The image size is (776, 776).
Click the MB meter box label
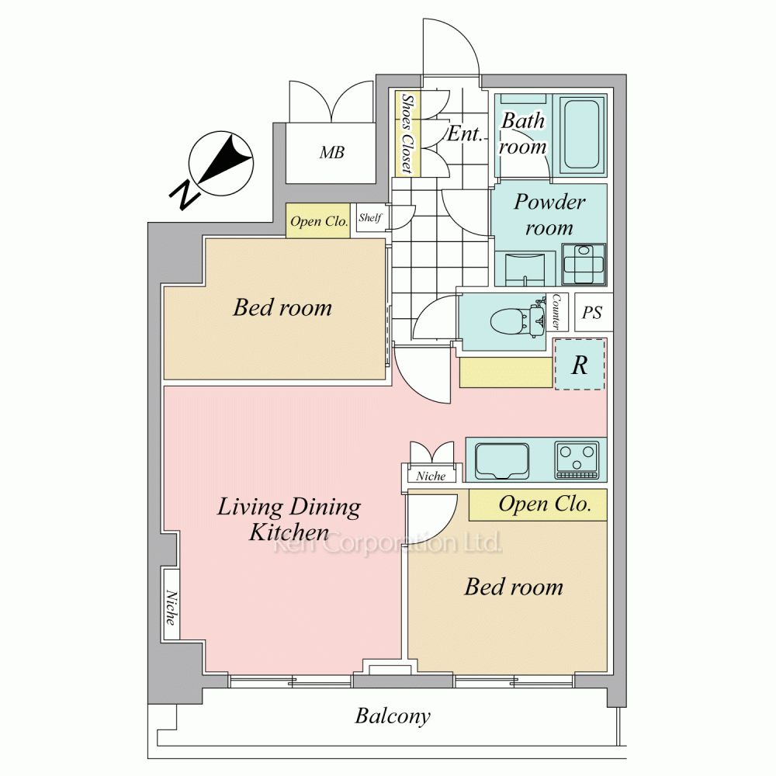tap(331, 152)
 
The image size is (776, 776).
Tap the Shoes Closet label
tap(407, 133)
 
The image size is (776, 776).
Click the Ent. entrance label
tap(464, 133)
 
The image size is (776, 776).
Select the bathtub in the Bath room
tap(583, 135)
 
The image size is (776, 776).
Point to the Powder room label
tap(549, 215)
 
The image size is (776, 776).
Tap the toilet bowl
tap(510, 320)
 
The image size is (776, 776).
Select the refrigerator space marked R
tap(580, 365)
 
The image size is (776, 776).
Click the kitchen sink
tap(502, 461)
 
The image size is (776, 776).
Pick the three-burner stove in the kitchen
tap(577, 461)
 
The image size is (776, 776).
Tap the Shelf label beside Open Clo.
tap(370, 217)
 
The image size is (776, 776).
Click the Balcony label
tap(393, 716)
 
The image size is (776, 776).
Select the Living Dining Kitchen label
tap(289, 519)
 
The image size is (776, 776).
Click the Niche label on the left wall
tap(171, 608)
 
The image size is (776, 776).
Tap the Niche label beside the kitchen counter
tap(431, 476)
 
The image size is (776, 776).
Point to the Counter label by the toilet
tap(556, 312)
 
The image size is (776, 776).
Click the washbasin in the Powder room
tap(525, 269)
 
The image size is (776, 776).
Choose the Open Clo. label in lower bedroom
tap(545, 504)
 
